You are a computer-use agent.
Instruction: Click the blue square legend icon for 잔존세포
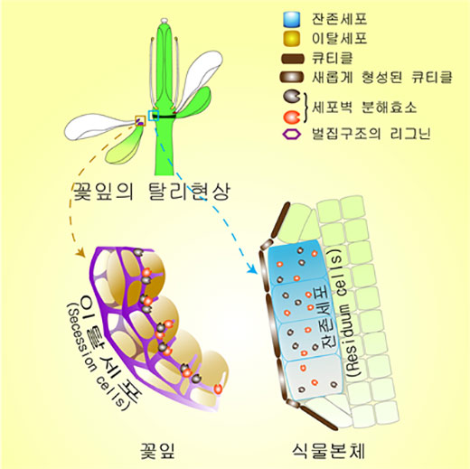click(292, 19)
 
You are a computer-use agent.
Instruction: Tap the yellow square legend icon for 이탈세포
click(292, 38)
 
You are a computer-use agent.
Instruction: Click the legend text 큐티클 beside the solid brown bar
click(332, 58)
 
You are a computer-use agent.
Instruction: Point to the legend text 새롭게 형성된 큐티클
click(382, 78)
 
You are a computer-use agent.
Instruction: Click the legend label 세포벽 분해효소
click(364, 107)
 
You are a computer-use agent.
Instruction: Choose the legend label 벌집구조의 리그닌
click(371, 134)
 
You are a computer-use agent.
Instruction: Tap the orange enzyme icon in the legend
click(292, 117)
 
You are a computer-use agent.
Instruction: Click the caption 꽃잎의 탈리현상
click(152, 192)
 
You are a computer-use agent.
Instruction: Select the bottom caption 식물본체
click(328, 451)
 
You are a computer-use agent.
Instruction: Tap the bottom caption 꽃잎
click(157, 451)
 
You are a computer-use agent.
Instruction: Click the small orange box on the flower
click(140, 121)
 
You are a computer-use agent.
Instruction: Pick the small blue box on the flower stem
click(154, 116)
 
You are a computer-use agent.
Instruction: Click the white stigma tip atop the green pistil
click(164, 21)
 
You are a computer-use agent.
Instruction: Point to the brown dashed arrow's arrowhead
click(80, 252)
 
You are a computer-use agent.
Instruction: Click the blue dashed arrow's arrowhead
click(252, 268)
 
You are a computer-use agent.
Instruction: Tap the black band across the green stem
click(164, 117)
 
